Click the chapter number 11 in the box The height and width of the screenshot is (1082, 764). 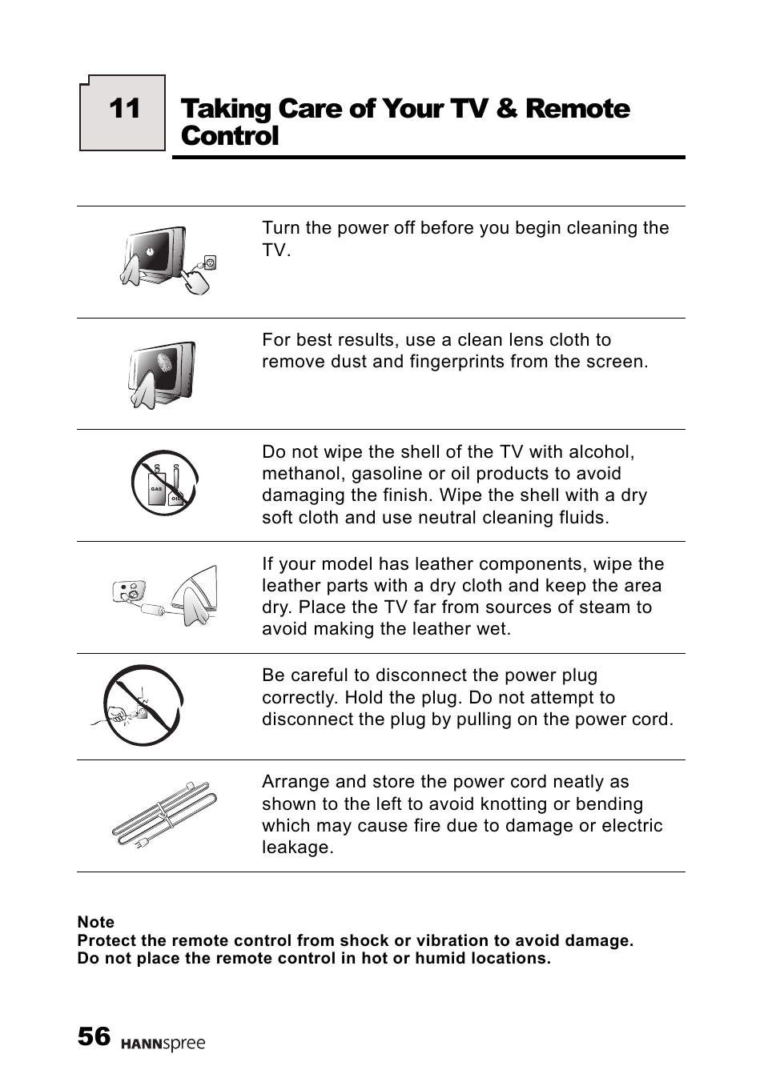124,109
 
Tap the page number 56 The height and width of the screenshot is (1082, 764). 94,1036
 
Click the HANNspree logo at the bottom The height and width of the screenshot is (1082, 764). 163,1044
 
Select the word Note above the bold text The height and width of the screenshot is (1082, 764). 95,922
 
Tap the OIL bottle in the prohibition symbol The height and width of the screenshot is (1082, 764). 176,492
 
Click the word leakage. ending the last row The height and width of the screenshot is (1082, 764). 297,848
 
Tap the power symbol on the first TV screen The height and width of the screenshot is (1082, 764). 150,251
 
